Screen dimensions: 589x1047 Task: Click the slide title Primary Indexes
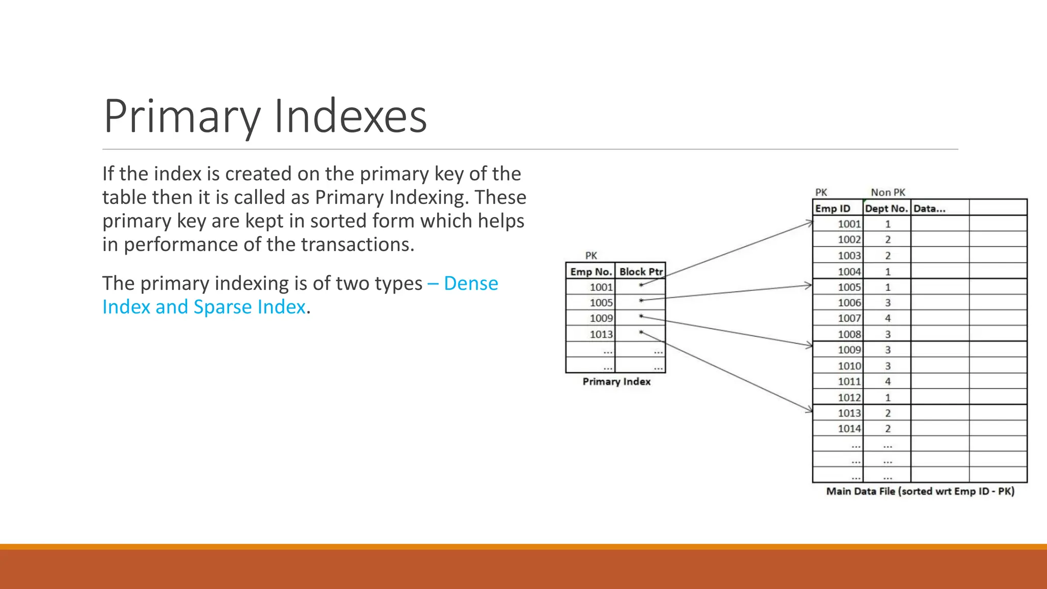point(265,117)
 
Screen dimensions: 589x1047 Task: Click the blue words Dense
point(470,283)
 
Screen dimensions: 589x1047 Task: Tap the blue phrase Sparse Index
point(249,307)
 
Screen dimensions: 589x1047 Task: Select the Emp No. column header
point(590,271)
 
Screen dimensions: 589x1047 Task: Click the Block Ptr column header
point(641,271)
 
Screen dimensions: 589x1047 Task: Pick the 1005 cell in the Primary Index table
point(601,303)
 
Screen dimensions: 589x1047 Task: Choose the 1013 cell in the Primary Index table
point(601,334)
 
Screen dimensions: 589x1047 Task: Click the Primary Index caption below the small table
point(616,381)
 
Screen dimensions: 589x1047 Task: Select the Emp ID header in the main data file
point(832,209)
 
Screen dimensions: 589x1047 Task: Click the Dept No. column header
point(886,209)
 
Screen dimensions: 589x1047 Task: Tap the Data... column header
point(929,209)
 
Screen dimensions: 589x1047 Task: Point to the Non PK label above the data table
point(888,192)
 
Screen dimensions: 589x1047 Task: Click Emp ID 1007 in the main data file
point(849,318)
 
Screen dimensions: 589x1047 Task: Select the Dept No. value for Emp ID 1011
point(887,381)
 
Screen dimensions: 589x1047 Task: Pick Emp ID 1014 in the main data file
point(849,428)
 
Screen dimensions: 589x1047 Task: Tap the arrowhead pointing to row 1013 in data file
point(809,410)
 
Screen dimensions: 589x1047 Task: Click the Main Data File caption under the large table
point(920,491)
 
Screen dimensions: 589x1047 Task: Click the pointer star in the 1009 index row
point(641,316)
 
